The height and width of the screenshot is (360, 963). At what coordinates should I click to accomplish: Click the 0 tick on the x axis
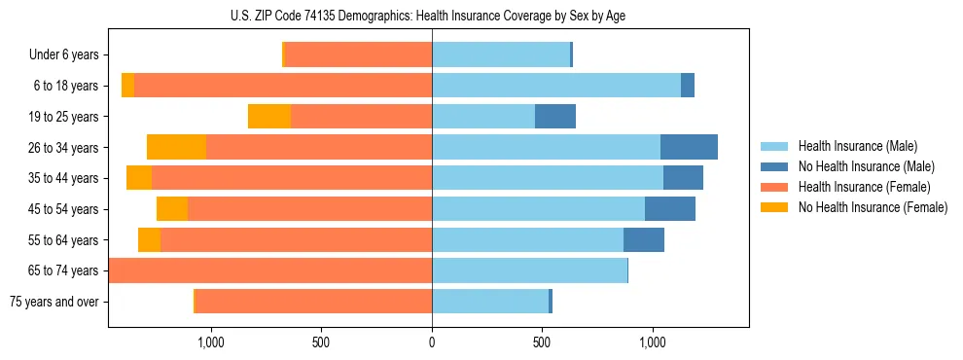point(432,342)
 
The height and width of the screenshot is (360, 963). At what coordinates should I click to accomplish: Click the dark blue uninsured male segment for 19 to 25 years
point(555,117)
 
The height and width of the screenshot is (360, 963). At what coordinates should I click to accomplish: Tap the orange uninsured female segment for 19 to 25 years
point(269,117)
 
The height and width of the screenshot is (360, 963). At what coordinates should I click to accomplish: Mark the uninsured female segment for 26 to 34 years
point(176,148)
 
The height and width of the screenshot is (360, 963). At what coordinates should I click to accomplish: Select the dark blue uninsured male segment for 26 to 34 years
point(689,148)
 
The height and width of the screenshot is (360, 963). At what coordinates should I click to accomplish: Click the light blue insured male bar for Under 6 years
point(501,54)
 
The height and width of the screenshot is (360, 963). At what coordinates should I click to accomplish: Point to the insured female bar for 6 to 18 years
point(283,86)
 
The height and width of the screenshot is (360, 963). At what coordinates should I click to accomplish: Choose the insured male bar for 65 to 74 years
point(529,270)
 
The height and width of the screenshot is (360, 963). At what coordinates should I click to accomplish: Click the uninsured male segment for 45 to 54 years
point(670,209)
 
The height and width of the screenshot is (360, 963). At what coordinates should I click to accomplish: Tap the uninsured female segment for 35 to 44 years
point(139,178)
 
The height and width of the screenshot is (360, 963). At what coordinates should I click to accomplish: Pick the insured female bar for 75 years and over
point(313,302)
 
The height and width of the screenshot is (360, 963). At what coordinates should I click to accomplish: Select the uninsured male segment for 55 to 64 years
point(644,240)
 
